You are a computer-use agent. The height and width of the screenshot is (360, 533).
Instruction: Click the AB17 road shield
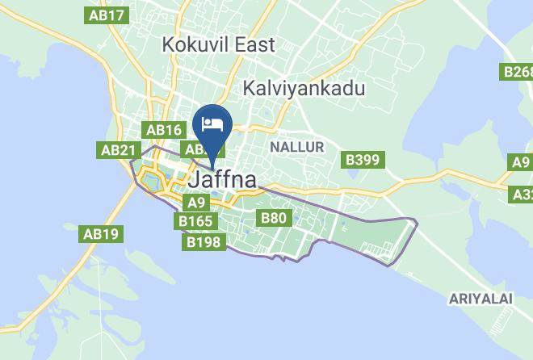(107, 15)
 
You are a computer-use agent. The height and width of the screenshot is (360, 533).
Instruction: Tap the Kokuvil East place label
(218, 44)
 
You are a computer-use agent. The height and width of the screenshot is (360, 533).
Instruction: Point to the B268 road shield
(518, 72)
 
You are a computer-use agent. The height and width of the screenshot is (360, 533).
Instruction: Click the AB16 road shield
(164, 129)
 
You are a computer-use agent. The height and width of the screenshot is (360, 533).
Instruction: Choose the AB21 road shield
(118, 150)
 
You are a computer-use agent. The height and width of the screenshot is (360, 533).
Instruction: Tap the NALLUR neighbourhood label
(296, 147)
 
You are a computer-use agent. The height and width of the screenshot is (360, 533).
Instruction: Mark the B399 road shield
(363, 160)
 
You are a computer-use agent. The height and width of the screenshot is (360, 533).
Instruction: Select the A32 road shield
(523, 195)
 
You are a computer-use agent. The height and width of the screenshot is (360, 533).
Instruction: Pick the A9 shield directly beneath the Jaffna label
(196, 203)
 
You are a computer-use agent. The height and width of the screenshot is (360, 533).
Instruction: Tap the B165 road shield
(195, 220)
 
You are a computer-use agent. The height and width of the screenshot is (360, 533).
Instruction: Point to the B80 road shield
(273, 217)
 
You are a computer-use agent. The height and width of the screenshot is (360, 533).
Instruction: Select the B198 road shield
(204, 241)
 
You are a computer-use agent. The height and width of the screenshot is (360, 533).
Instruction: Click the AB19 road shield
(101, 234)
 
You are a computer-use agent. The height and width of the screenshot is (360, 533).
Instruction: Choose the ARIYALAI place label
(481, 299)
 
